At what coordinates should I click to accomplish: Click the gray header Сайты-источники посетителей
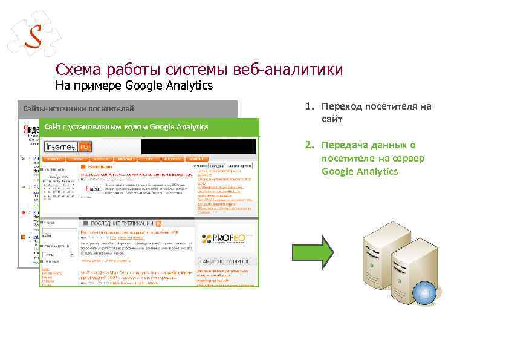pyautogui.click(x=79, y=109)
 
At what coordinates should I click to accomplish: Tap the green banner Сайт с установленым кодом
pyautogui.click(x=124, y=126)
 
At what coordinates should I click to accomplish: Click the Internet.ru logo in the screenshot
pyautogui.click(x=68, y=146)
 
